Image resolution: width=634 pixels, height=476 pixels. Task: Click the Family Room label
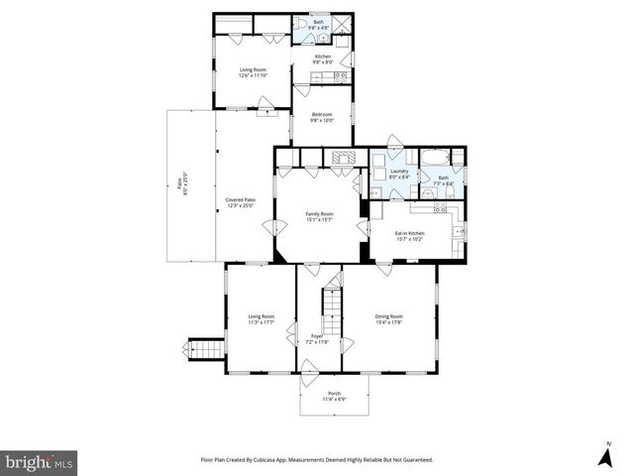[319, 217]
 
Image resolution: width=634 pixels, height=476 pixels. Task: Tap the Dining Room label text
[388, 319]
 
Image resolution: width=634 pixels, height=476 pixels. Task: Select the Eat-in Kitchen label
[409, 236]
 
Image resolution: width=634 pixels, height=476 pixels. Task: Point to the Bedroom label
[322, 117]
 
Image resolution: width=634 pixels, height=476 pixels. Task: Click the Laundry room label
[399, 174]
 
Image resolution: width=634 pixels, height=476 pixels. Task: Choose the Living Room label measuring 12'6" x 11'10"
[253, 72]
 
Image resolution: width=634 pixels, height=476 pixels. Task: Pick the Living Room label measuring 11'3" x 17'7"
[261, 319]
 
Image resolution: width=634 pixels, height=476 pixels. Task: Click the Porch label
[334, 396]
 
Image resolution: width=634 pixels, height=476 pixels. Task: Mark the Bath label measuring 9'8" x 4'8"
[319, 24]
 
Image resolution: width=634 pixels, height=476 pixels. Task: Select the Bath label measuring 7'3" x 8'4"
[443, 180]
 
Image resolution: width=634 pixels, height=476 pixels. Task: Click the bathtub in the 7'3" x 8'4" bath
[436, 158]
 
